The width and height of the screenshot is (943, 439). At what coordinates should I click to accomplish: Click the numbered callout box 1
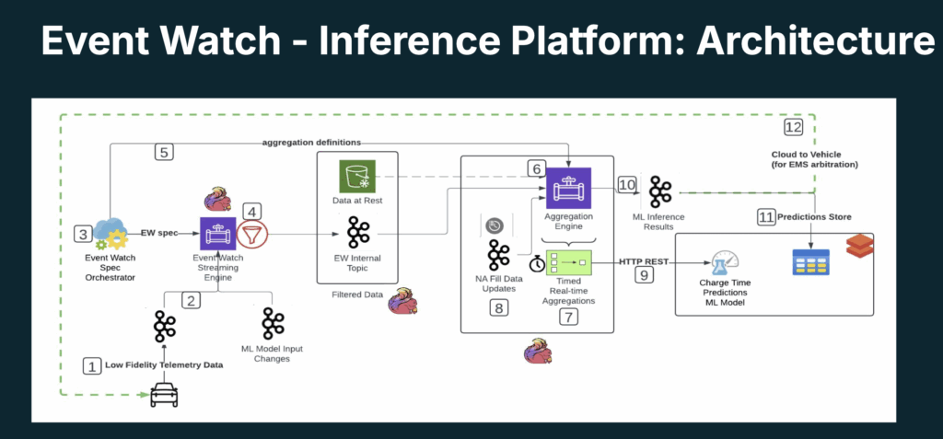(x=91, y=366)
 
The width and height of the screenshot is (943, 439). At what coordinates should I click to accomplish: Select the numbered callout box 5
(x=164, y=153)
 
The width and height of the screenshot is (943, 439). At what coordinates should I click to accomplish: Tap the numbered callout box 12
(x=794, y=127)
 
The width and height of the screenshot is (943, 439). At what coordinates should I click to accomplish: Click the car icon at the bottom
(x=164, y=396)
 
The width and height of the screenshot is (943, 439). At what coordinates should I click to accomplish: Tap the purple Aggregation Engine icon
(x=569, y=192)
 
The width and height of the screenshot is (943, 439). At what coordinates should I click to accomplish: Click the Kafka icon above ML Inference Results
(x=660, y=192)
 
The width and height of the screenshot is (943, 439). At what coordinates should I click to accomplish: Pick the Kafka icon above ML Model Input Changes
(x=273, y=324)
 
